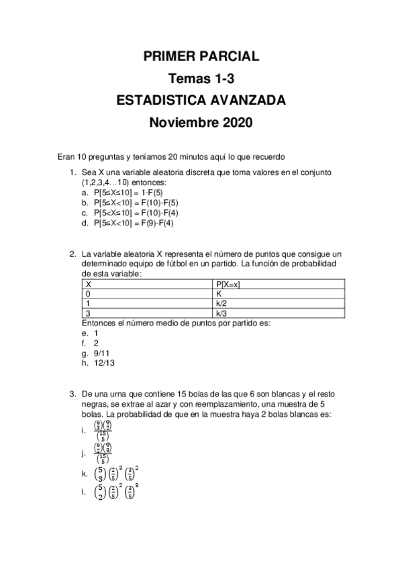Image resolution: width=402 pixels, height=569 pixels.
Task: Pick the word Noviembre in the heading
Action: [178, 123]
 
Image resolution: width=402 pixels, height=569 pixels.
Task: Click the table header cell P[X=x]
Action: [229, 284]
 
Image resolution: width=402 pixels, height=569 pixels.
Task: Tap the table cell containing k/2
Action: [221, 303]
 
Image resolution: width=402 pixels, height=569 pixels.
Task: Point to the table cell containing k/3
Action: [221, 313]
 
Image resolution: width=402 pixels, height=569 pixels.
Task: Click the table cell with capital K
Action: [219, 294]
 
